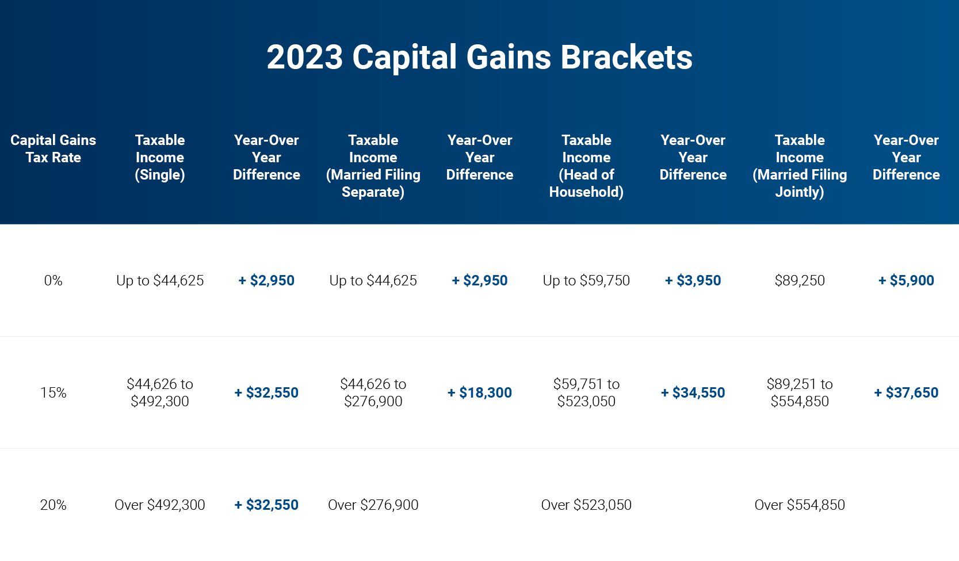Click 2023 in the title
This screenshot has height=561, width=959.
click(304, 58)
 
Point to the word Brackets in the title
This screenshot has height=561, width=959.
click(626, 58)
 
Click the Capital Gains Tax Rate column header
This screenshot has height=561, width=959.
click(53, 148)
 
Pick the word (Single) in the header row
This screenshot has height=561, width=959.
click(160, 175)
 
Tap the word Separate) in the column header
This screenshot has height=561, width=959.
click(373, 192)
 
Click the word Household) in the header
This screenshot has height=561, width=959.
click(586, 192)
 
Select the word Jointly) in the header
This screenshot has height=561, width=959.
click(800, 192)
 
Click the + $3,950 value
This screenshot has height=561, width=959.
click(693, 281)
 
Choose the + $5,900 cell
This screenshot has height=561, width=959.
click(906, 281)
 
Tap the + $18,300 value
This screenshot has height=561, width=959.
click(480, 393)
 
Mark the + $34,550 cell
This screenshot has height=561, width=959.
click(693, 393)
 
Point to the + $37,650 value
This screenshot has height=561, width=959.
click(906, 393)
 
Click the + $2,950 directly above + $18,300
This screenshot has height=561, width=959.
click(480, 281)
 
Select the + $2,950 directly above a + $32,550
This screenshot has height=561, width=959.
click(266, 281)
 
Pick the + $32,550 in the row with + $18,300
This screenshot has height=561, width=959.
click(266, 393)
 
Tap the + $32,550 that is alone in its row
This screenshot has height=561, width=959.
click(266, 505)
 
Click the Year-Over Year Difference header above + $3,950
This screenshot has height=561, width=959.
click(693, 157)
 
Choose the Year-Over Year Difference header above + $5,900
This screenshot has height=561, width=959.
click(906, 157)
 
